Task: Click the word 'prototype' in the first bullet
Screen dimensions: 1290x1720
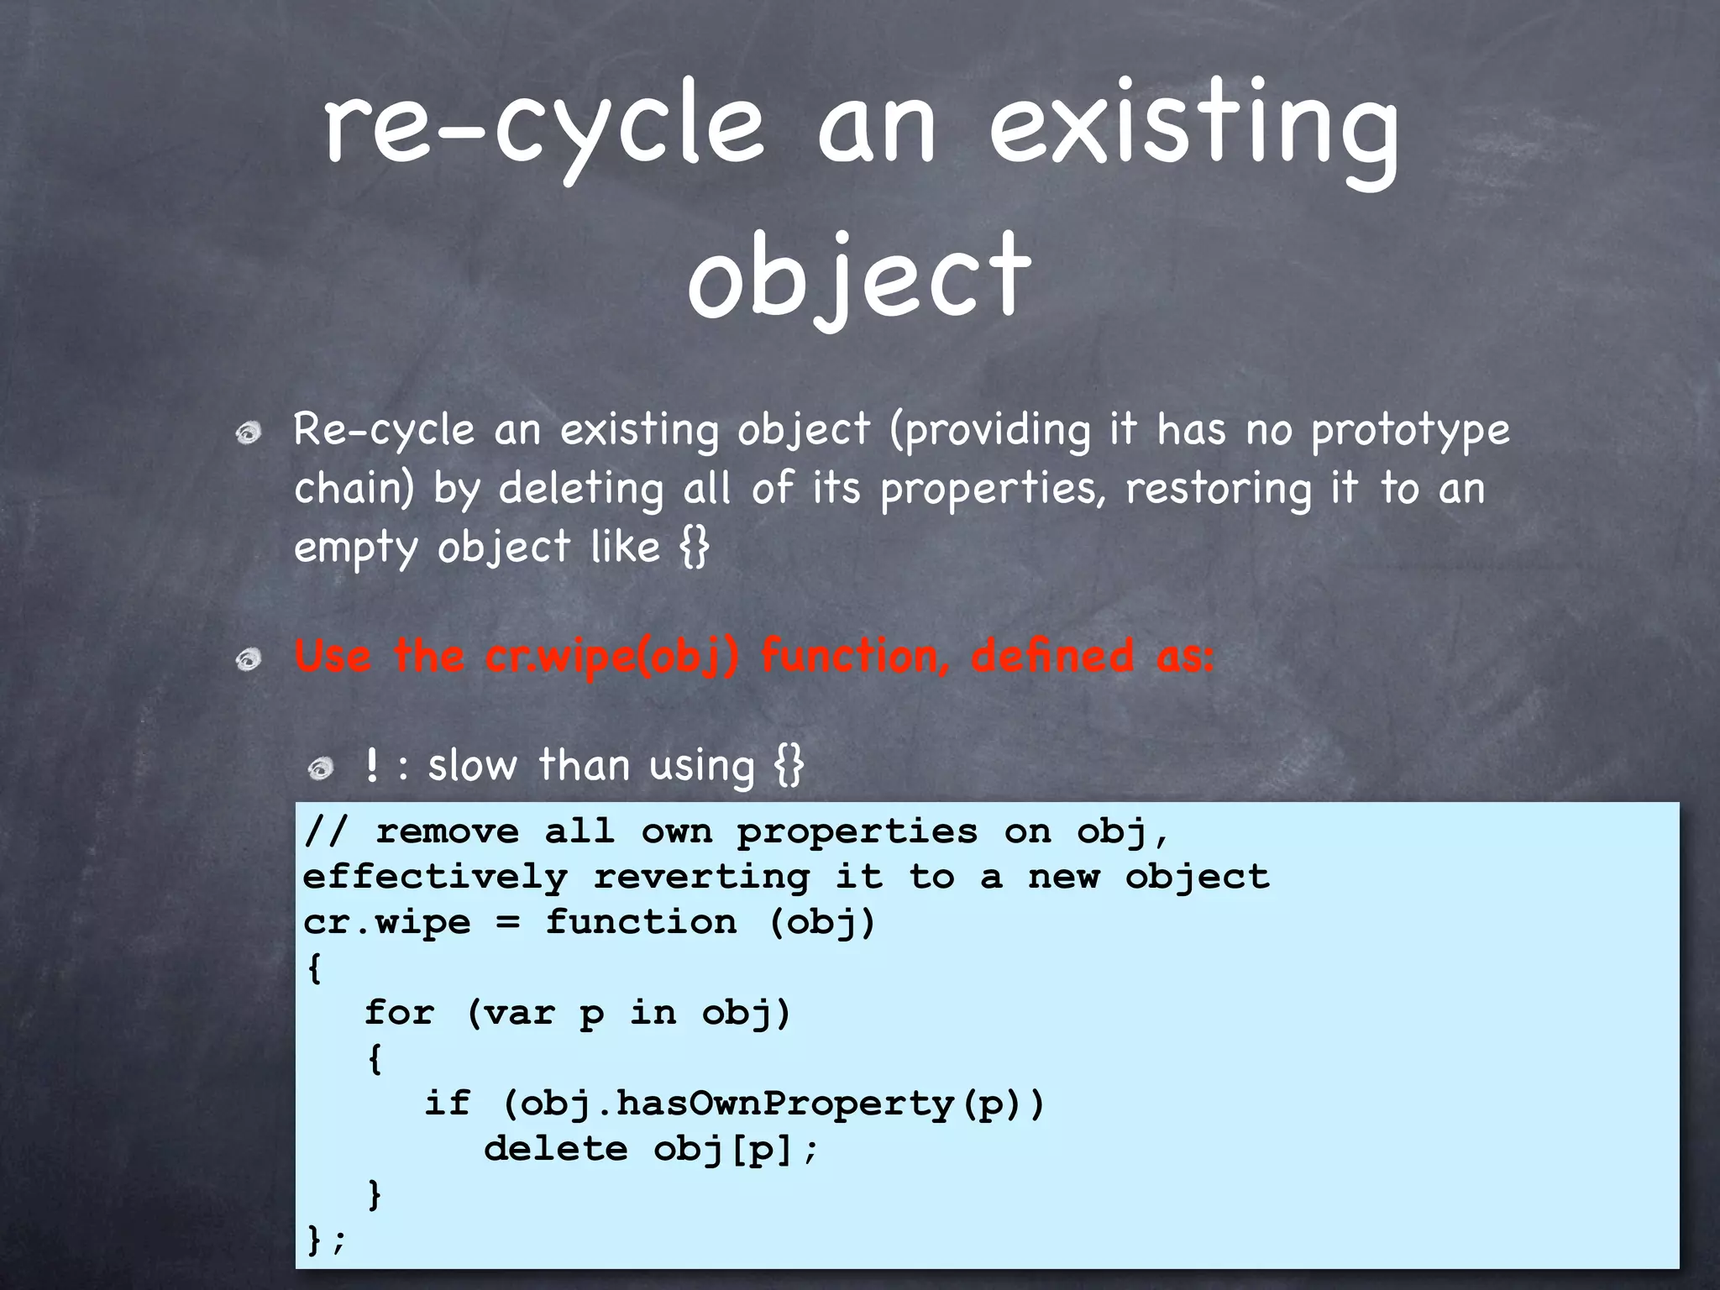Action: click(x=1410, y=430)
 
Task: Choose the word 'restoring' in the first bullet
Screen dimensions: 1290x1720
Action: click(x=1218, y=488)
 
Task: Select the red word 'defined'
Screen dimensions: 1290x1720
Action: click(x=1052, y=656)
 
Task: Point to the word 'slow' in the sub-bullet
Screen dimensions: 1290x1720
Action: click(x=472, y=766)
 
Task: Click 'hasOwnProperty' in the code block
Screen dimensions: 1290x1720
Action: click(x=785, y=1103)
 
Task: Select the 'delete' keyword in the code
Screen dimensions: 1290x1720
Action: click(x=556, y=1148)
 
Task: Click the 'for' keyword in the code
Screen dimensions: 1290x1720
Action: click(x=400, y=1012)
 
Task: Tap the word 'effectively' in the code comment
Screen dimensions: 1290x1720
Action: click(x=435, y=877)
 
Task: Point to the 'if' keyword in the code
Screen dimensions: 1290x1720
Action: click(x=447, y=1103)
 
